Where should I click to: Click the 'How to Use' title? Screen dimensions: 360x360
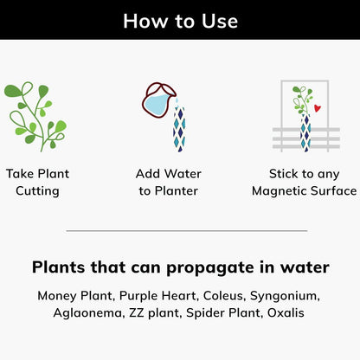[180, 21]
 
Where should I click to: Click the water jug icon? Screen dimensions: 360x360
[158, 100]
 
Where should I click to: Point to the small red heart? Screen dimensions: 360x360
[318, 108]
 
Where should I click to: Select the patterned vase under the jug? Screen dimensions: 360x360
[179, 129]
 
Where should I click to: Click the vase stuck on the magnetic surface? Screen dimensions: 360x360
[305, 133]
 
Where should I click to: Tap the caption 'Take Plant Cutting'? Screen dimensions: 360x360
[37, 183]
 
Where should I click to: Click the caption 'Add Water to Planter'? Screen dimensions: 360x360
[169, 183]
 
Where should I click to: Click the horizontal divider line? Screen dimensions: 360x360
[187, 231]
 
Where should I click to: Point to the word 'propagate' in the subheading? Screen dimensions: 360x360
[210, 267]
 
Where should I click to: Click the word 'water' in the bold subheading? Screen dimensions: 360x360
[305, 267]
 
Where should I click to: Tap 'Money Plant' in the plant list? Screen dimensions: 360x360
[75, 296]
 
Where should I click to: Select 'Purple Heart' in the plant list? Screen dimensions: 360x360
[158, 296]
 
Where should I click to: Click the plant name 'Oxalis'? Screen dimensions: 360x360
[286, 312]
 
